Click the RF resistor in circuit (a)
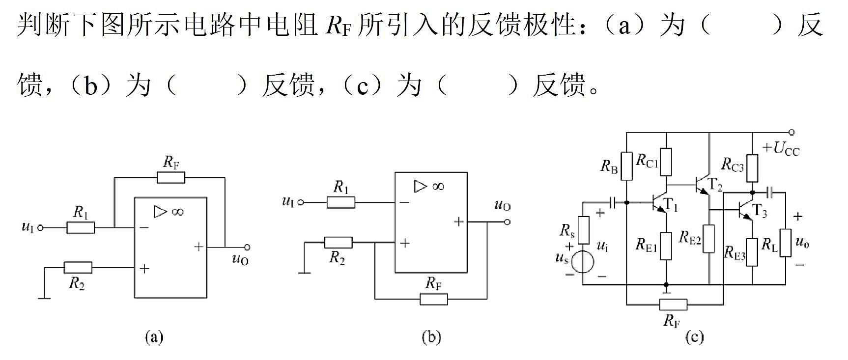coord(171,177)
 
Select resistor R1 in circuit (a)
coord(81,228)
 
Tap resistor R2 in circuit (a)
coord(78,268)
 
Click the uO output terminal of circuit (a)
coord(247,247)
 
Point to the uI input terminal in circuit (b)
coord(301,202)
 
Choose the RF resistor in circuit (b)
coord(434,299)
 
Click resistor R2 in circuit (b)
coord(338,243)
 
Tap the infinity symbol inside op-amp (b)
coord(437,187)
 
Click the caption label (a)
coord(154,337)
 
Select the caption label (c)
coord(694,337)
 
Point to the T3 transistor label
coord(759,211)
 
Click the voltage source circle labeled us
coord(583,261)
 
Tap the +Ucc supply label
coord(781,148)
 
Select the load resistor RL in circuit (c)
coord(786,243)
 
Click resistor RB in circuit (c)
coord(626,166)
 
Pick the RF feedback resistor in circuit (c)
coord(673,305)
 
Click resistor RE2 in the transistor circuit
coord(708,239)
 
